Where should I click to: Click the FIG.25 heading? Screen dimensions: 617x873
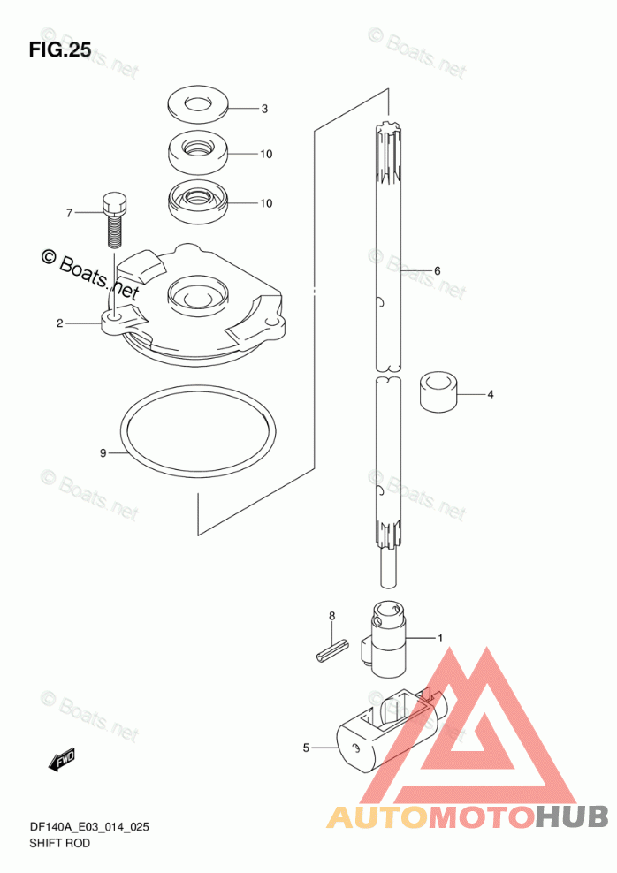point(60,49)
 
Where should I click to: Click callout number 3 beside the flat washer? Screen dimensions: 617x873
point(263,110)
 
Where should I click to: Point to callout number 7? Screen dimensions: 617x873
point(67,213)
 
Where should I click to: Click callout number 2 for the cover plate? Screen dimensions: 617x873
point(59,323)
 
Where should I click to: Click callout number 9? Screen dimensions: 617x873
point(103,453)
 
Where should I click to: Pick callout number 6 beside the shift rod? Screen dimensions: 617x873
point(436,270)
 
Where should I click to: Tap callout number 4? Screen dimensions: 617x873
point(490,394)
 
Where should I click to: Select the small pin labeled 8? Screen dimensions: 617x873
point(329,654)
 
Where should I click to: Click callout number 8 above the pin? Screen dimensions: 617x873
point(332,616)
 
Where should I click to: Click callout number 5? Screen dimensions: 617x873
point(306,748)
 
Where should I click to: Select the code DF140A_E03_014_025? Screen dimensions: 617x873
point(88,827)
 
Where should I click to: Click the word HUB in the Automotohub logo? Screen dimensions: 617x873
point(571,816)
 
